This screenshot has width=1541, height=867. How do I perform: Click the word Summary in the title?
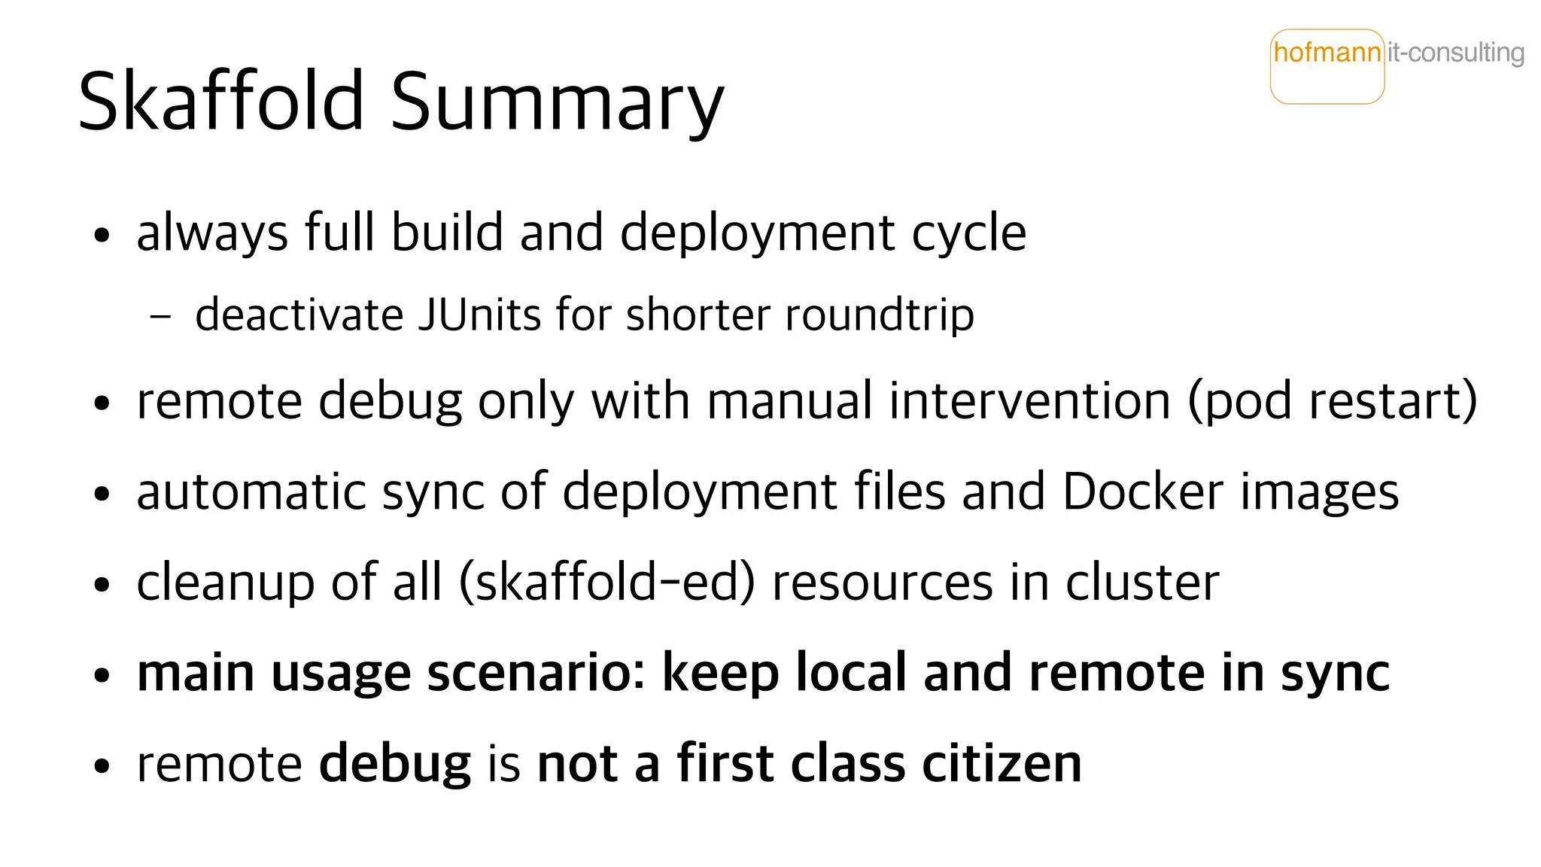tap(557, 102)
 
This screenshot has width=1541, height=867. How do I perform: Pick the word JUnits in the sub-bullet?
tap(479, 315)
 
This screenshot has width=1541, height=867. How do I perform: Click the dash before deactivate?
tap(160, 316)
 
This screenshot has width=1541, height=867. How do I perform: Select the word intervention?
tap(1029, 400)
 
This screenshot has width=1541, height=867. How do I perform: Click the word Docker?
tap(1143, 492)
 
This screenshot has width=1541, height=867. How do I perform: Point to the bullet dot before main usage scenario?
tap(102, 675)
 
